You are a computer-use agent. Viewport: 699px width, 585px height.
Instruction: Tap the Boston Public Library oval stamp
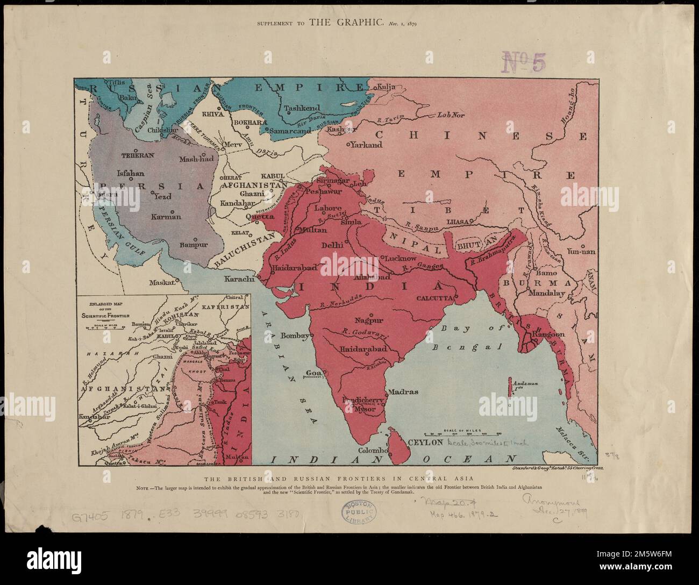[359, 516]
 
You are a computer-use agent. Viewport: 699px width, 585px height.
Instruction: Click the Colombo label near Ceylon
[373, 450]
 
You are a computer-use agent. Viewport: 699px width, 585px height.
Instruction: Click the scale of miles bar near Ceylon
[462, 433]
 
